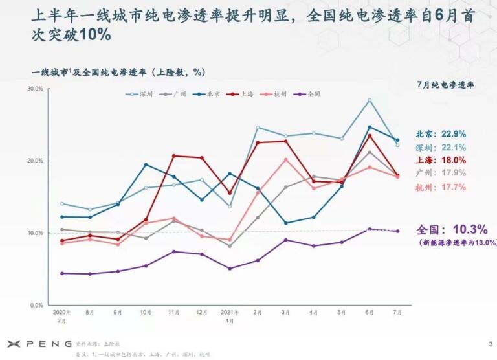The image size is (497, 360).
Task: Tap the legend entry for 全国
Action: (309, 94)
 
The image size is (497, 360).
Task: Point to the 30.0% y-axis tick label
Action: (35, 89)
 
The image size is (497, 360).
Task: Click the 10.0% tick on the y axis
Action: (35, 233)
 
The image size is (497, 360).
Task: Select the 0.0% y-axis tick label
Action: (36, 305)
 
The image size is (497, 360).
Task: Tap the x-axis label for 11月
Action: (173, 313)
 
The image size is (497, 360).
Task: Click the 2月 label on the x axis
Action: (257, 313)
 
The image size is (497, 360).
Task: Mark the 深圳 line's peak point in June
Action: (370, 100)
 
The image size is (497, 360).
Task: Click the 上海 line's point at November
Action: (173, 155)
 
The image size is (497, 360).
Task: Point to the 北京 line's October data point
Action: (146, 164)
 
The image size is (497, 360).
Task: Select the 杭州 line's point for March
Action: (285, 159)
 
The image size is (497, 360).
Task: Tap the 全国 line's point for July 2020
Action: (61, 273)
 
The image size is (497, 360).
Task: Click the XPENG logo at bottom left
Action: (35, 343)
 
